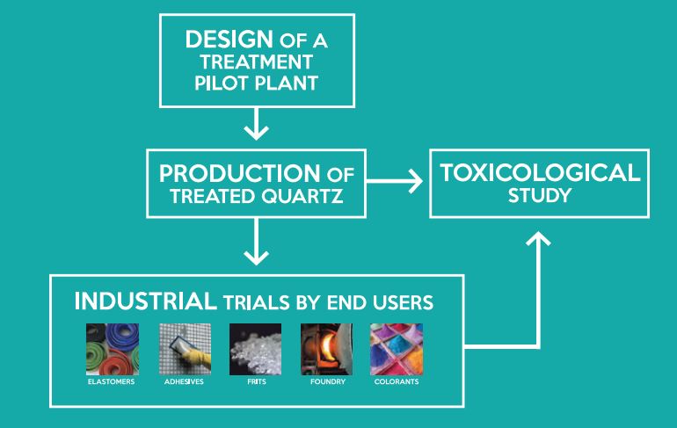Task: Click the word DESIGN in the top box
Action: [229, 40]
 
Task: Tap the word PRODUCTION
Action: [240, 173]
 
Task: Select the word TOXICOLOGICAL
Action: [540, 172]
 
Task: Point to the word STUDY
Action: [540, 196]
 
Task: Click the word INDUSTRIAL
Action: [145, 301]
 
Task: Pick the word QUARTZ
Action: [302, 196]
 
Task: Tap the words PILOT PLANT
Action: [257, 83]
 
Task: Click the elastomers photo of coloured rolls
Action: [113, 349]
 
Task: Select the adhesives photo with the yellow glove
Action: [185, 349]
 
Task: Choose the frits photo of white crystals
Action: [255, 349]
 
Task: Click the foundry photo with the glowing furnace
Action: [326, 349]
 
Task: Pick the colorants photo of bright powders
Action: [397, 349]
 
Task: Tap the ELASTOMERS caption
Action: [111, 381]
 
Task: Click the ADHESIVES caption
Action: [184, 381]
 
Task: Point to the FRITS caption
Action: [257, 381]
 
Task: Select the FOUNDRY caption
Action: [328, 381]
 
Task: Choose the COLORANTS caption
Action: [397, 381]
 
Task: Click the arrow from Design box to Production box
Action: [257, 124]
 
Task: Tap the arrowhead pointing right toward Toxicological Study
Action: [416, 181]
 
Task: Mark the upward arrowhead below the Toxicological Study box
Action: [538, 238]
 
